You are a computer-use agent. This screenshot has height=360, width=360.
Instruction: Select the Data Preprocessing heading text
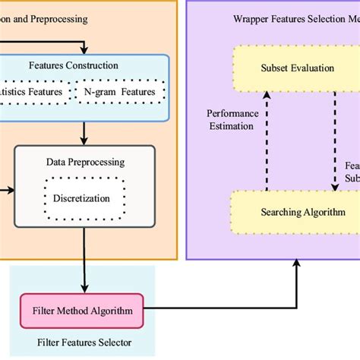pos(85,162)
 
